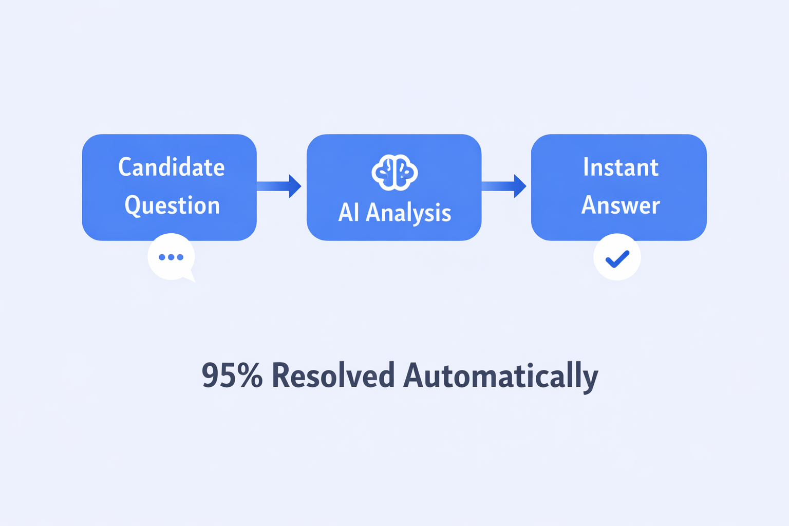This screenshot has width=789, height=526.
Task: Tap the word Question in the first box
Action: click(172, 205)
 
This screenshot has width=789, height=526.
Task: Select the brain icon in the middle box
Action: click(394, 173)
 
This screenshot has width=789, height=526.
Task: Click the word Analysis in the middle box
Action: click(408, 213)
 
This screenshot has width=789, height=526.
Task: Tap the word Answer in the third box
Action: click(621, 205)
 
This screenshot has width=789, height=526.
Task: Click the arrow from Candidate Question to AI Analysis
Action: click(279, 186)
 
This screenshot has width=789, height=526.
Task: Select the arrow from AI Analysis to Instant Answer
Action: click(504, 186)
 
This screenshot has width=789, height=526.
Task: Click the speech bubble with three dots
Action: click(172, 257)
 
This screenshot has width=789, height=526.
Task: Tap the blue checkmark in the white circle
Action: click(617, 258)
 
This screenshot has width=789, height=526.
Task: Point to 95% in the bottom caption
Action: click(232, 375)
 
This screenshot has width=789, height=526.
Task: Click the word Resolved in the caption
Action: click(333, 375)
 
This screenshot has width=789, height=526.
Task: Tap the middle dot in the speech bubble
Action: click(171, 257)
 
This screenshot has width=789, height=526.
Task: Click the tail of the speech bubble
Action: click(190, 276)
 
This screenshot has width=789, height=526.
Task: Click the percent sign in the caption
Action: click(250, 375)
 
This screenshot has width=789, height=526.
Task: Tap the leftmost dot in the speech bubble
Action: click(162, 257)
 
